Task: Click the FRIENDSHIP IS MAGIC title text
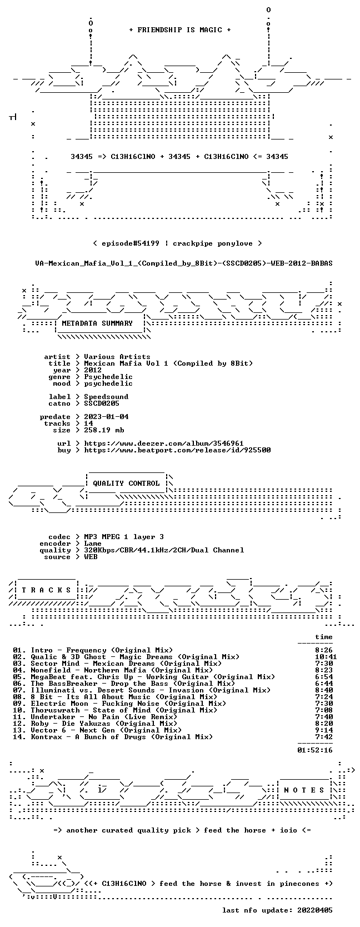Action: click(180, 30)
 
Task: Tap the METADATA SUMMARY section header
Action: click(97, 323)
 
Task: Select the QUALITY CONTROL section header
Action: click(126, 484)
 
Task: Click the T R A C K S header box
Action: click(46, 590)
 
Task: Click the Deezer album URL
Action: click(164, 443)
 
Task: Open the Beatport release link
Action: click(178, 450)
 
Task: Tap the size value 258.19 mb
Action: click(104, 430)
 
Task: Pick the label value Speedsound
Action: click(106, 397)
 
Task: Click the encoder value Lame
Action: click(93, 544)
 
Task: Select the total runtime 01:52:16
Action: click(315, 750)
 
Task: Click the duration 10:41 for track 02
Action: click(326, 657)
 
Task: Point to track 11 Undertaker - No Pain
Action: click(95, 717)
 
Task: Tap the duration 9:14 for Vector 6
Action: click(324, 730)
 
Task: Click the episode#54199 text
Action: click(131, 243)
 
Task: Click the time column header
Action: click(324, 637)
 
